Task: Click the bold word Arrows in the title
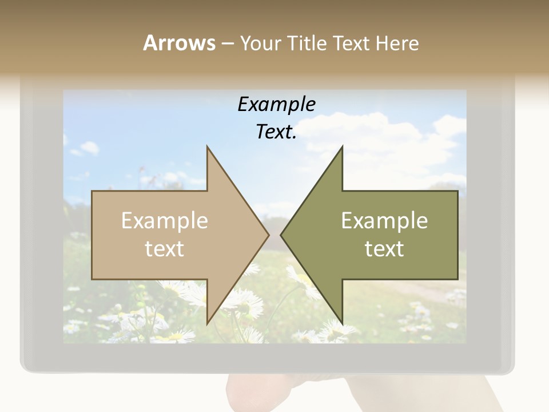point(179,43)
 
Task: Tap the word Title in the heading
point(307,43)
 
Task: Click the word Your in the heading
point(260,43)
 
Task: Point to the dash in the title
point(227,44)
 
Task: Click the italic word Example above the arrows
point(276,105)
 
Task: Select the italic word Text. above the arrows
point(276,132)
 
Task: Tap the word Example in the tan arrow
point(165,221)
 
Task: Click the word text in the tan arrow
point(165,249)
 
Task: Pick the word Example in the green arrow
point(384,221)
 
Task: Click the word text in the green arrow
point(384,249)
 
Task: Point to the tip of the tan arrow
point(268,235)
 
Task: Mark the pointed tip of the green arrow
point(281,235)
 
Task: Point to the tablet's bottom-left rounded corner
point(25,366)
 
